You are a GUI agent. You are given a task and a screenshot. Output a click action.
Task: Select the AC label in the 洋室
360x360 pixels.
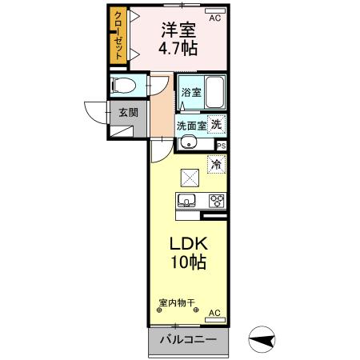pos(214,16)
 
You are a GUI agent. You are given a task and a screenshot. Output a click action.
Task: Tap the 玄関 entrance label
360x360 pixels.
pos(129,112)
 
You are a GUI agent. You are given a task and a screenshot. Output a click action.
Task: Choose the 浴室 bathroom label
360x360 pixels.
pos(190,92)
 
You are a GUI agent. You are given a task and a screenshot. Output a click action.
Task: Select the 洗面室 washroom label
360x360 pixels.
pos(191,125)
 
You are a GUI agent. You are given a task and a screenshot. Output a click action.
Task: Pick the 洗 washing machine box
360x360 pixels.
pos(217,124)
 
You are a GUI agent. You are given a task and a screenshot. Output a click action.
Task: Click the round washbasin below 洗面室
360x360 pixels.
pos(189,144)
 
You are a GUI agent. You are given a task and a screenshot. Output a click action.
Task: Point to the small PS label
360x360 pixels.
pos(221,146)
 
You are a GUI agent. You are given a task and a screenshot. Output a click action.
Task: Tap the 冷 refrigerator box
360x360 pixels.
pos(216,164)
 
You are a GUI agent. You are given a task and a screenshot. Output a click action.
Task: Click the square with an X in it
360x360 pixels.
pos(190,178)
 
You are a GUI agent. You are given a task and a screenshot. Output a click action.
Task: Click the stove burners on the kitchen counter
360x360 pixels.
pos(215,201)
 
